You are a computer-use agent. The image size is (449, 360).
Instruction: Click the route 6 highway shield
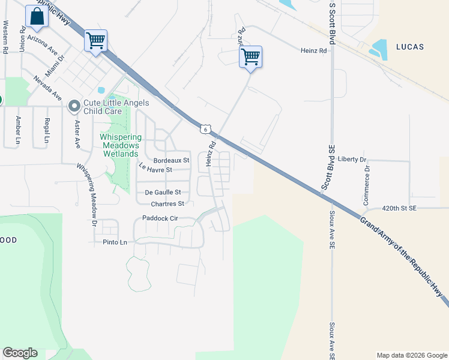(206, 129)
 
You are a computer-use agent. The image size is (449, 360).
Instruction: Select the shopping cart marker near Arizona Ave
(95, 41)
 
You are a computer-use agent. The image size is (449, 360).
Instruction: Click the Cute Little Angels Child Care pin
(74, 106)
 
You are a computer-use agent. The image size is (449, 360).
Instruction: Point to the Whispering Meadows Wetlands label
(119, 145)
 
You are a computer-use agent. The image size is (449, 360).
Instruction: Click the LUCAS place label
(410, 46)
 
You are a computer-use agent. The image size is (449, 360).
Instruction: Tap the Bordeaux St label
(171, 161)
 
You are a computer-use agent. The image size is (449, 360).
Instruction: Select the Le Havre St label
(155, 169)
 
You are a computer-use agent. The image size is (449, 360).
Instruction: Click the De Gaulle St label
(163, 193)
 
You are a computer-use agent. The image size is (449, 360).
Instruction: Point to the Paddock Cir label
(160, 218)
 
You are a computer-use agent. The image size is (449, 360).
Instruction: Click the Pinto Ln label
(116, 242)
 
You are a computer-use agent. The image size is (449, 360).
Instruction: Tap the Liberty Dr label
(352, 159)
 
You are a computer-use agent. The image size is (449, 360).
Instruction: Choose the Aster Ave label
(77, 134)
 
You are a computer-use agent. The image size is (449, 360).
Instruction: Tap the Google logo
(20, 353)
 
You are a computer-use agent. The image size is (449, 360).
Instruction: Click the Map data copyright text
(411, 355)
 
